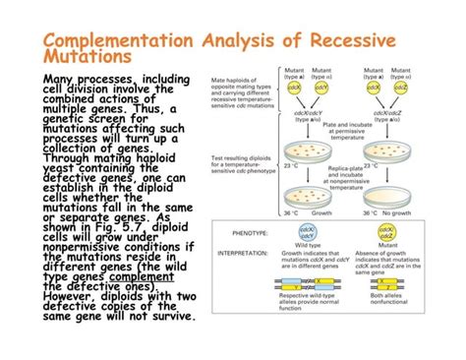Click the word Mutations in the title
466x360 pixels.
click(83, 60)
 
